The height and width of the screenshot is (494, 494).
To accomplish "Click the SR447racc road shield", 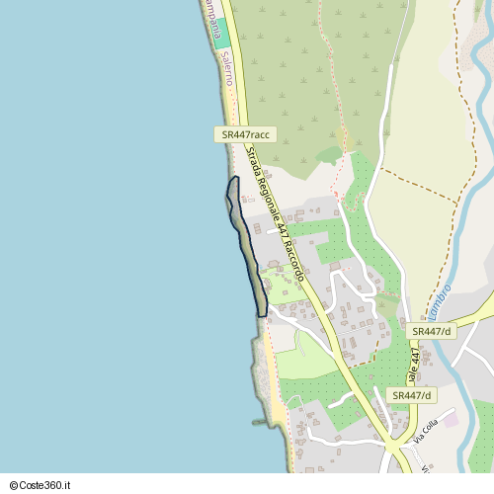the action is pyautogui.click(x=246, y=134).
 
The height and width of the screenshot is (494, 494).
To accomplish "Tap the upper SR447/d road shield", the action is pyautogui.click(x=432, y=331).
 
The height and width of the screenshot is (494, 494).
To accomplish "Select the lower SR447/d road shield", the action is pyautogui.click(x=411, y=395).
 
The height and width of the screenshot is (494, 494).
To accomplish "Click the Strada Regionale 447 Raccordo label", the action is pyautogui.click(x=278, y=213).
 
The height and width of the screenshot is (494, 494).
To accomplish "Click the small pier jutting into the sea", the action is pyautogui.click(x=260, y=423).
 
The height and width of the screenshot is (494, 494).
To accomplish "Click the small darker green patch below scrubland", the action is pyautogui.click(x=329, y=155).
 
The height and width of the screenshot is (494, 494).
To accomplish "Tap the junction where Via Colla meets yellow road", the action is pyautogui.click(x=402, y=451).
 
